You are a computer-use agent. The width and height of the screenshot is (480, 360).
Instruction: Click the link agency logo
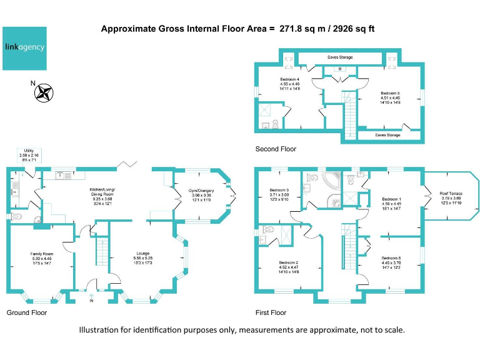click(25, 48)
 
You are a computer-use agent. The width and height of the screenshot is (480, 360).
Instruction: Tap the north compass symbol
click(44, 92)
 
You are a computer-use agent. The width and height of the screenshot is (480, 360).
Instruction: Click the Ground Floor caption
click(26, 312)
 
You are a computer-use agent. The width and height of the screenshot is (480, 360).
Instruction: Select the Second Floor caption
click(276, 149)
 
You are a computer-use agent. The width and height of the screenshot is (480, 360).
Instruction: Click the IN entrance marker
click(92, 301)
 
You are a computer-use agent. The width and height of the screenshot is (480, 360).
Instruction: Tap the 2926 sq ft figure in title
click(347, 29)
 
